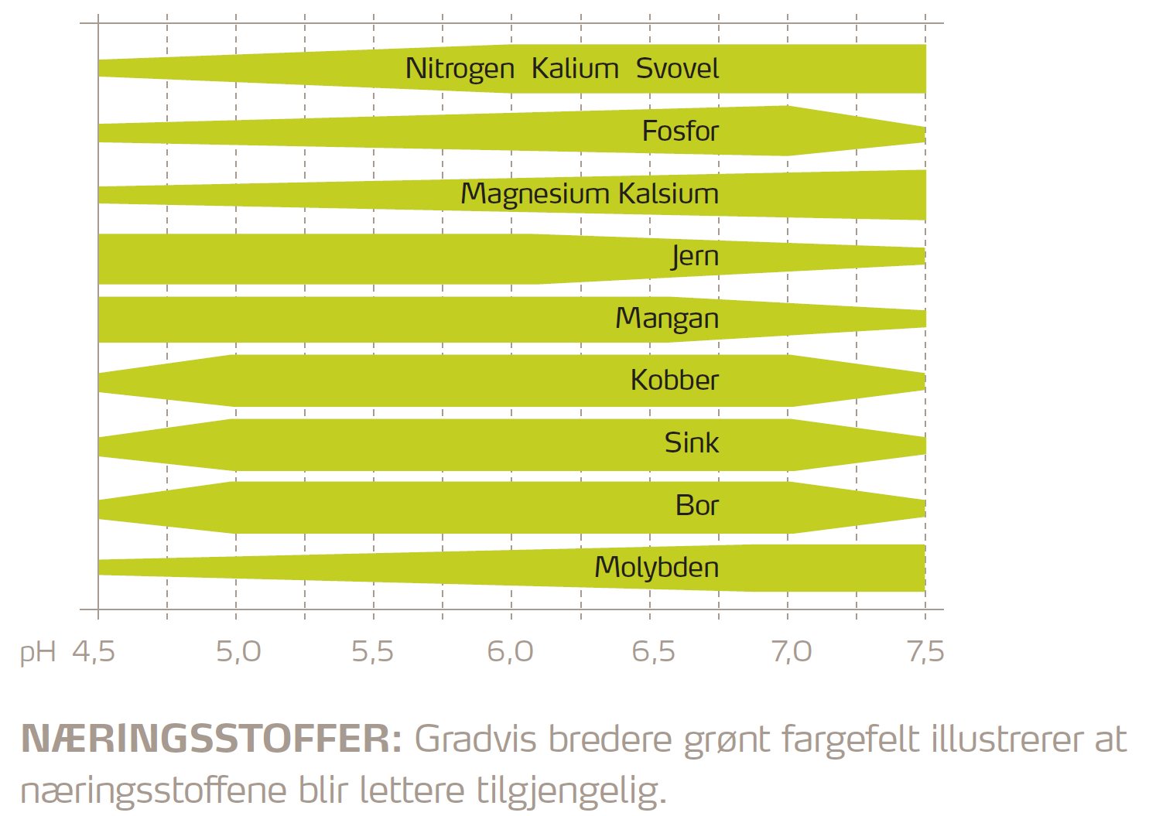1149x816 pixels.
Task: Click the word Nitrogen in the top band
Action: pyautogui.click(x=460, y=70)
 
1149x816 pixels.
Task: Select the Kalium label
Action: pyautogui.click(x=575, y=69)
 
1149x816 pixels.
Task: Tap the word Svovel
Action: pyautogui.click(x=677, y=69)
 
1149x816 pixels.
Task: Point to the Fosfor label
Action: pyautogui.click(x=680, y=131)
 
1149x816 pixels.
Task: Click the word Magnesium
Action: pyautogui.click(x=535, y=194)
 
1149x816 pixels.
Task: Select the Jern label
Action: pyautogui.click(x=695, y=256)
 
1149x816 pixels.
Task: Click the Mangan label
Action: pyautogui.click(x=667, y=319)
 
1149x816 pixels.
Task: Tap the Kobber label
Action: pyautogui.click(x=674, y=381)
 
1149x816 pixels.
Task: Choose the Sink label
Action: pyautogui.click(x=691, y=443)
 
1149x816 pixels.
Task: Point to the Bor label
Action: pyautogui.click(x=696, y=506)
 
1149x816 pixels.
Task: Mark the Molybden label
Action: pyautogui.click(x=656, y=568)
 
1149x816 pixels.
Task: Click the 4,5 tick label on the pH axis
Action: pyautogui.click(x=94, y=652)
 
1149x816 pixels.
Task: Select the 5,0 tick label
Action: pyautogui.click(x=238, y=652)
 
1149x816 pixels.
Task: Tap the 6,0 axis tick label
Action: pyautogui.click(x=511, y=652)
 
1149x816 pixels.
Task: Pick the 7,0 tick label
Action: pyautogui.click(x=791, y=652)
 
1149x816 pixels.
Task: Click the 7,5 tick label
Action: pyautogui.click(x=925, y=652)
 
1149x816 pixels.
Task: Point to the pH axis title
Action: pyautogui.click(x=38, y=653)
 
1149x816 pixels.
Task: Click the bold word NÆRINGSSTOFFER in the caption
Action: pyautogui.click(x=210, y=739)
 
